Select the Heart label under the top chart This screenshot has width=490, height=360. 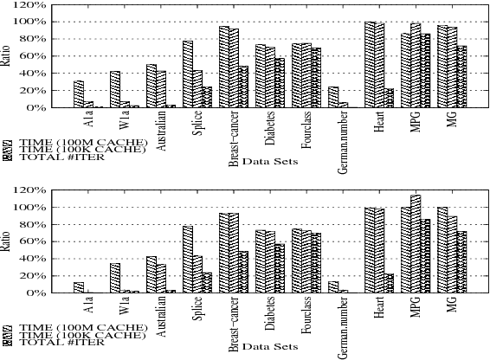pos(379,124)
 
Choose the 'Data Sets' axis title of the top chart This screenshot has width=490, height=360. pos(270,161)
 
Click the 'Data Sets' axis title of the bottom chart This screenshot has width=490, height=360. pos(270,346)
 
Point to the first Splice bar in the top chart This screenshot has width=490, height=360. pos(187,74)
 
